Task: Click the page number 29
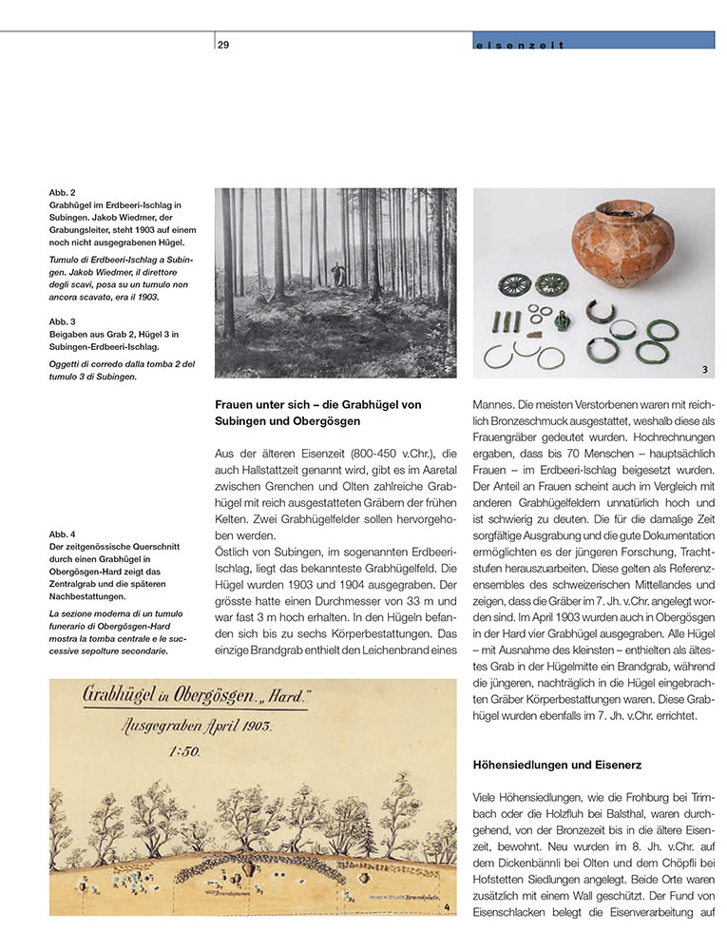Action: [x=223, y=44]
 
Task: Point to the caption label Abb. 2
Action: [x=63, y=194]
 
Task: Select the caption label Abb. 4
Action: [x=63, y=534]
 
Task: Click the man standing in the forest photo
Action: [x=335, y=276]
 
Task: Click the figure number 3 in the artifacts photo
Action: [x=705, y=368]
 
